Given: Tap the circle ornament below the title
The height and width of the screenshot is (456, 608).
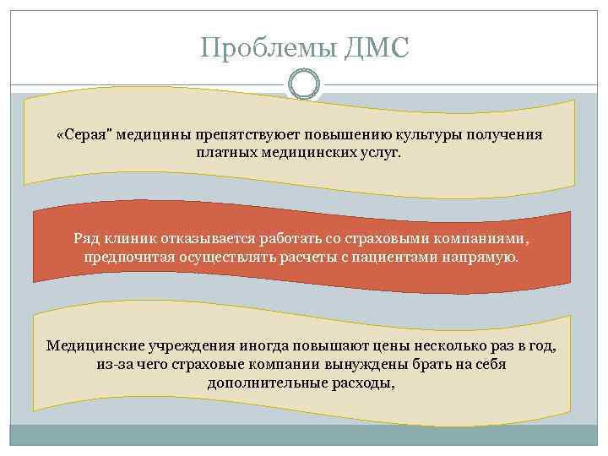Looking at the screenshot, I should pos(304,84).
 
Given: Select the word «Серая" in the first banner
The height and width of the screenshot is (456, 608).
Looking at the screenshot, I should pos(84,136).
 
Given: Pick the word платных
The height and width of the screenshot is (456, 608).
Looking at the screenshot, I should pos(225,153).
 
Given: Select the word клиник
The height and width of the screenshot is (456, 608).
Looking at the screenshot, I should pos(135,238).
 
